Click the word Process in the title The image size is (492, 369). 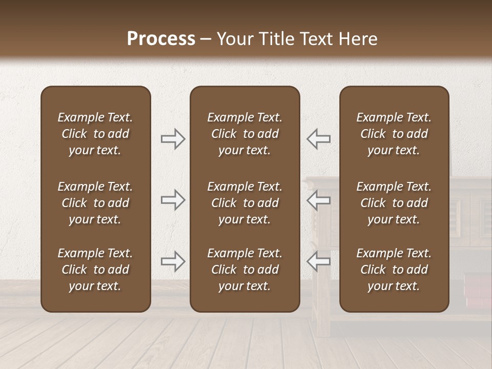161,39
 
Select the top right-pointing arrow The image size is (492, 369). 173,139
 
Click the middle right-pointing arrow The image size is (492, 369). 173,200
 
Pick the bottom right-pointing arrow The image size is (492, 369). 173,261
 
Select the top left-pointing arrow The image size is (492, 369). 318,139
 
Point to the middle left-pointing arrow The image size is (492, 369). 318,200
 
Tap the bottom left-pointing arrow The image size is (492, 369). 318,261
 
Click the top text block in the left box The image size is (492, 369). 95,134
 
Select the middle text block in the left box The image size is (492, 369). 95,203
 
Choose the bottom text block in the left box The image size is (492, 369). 95,270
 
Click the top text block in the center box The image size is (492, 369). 244,134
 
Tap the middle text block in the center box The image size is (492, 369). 244,203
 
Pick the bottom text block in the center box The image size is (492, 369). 244,270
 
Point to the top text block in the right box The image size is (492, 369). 394,134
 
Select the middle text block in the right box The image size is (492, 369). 394,203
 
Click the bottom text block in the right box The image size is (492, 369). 394,270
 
